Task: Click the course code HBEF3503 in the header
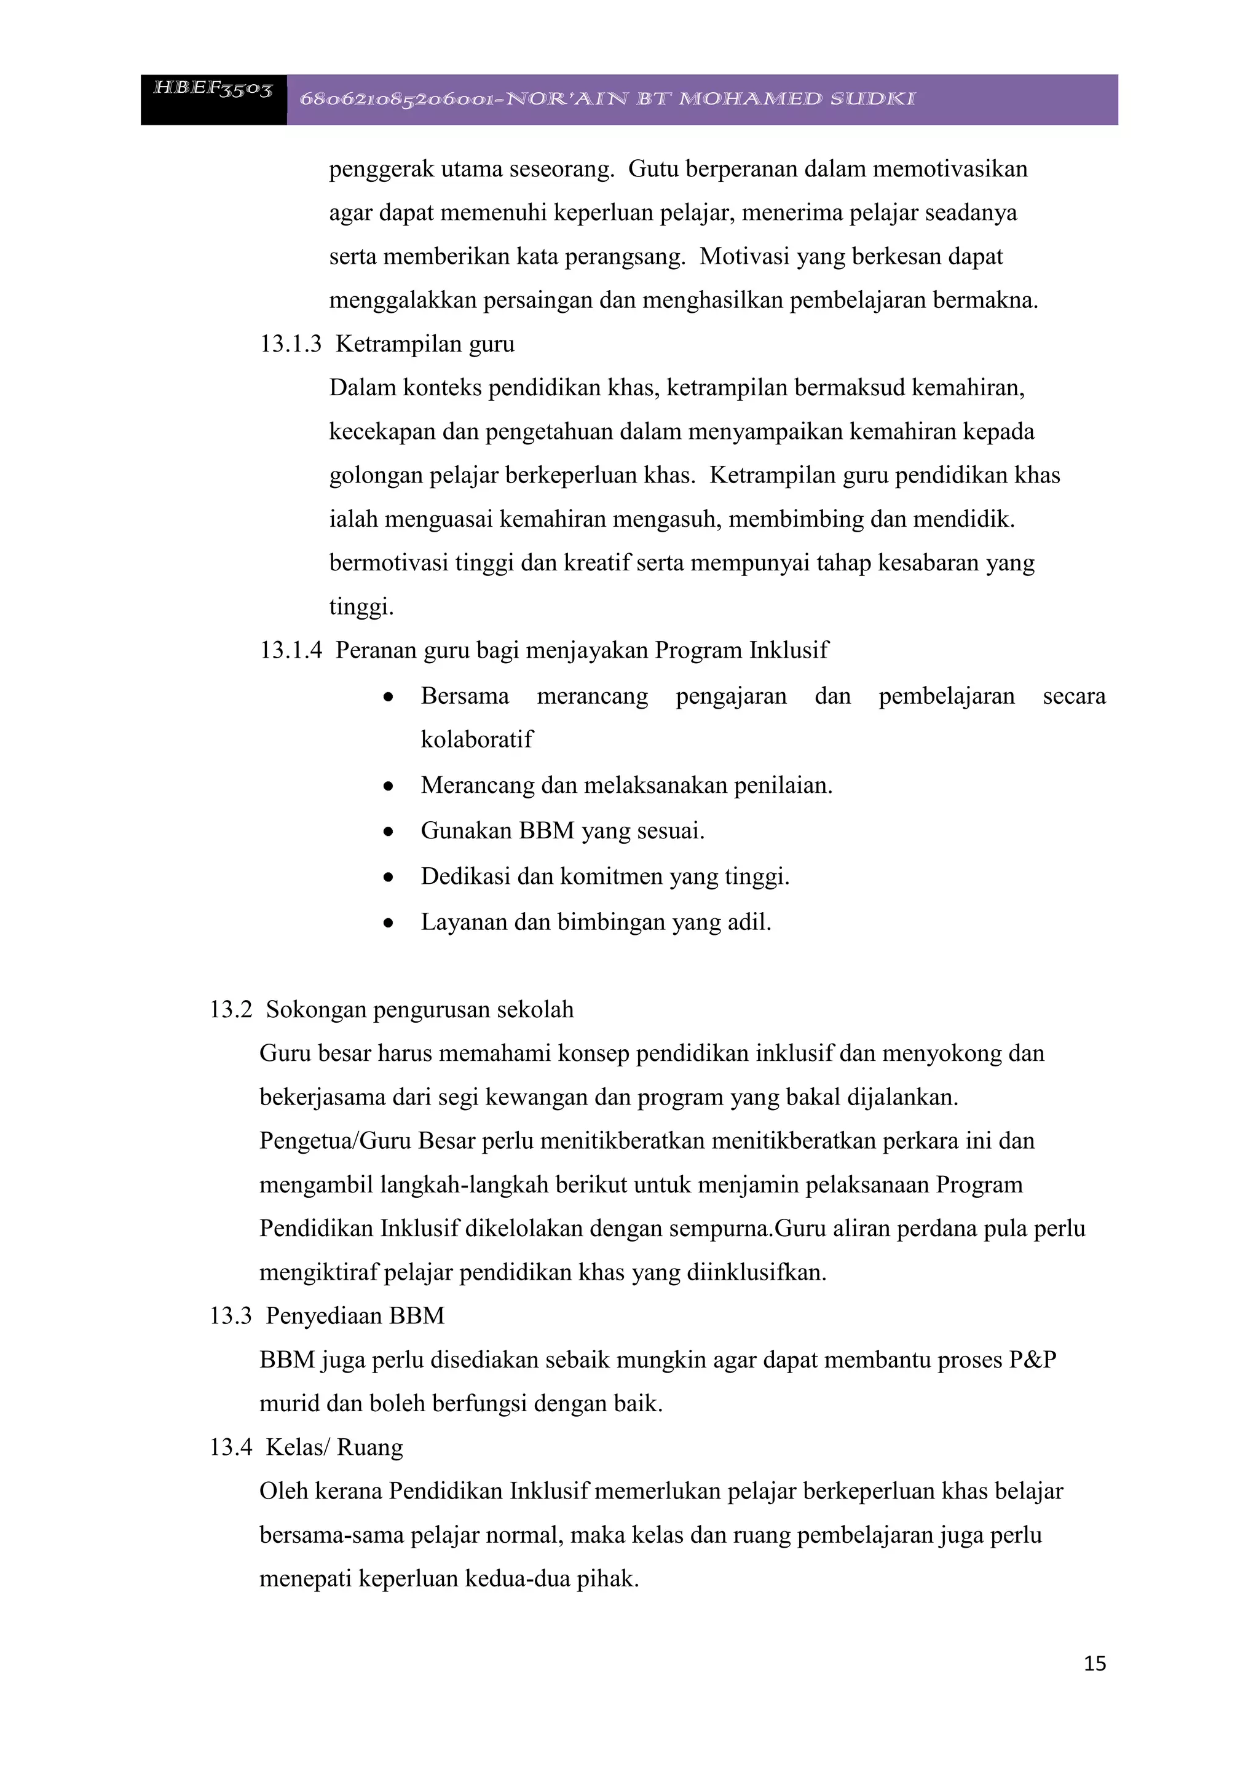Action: (x=213, y=89)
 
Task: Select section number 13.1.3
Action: (x=290, y=344)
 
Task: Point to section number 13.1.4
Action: (x=290, y=650)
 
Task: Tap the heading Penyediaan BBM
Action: (x=355, y=1315)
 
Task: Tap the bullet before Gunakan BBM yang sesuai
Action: (x=389, y=832)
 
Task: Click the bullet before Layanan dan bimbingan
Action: (x=389, y=923)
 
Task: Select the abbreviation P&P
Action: (x=1032, y=1360)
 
